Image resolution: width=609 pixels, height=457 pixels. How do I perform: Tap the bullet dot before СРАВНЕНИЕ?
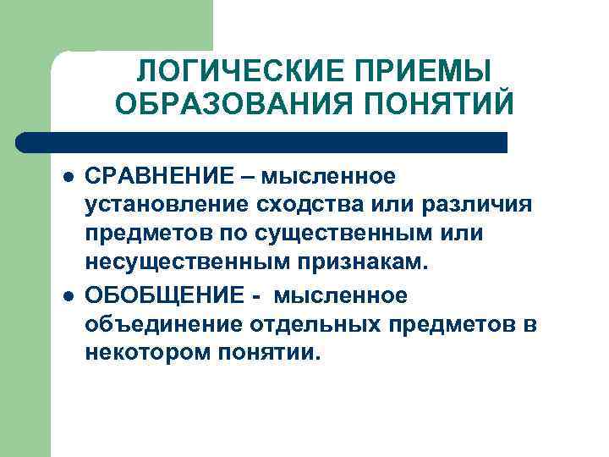pyautogui.click(x=67, y=179)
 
